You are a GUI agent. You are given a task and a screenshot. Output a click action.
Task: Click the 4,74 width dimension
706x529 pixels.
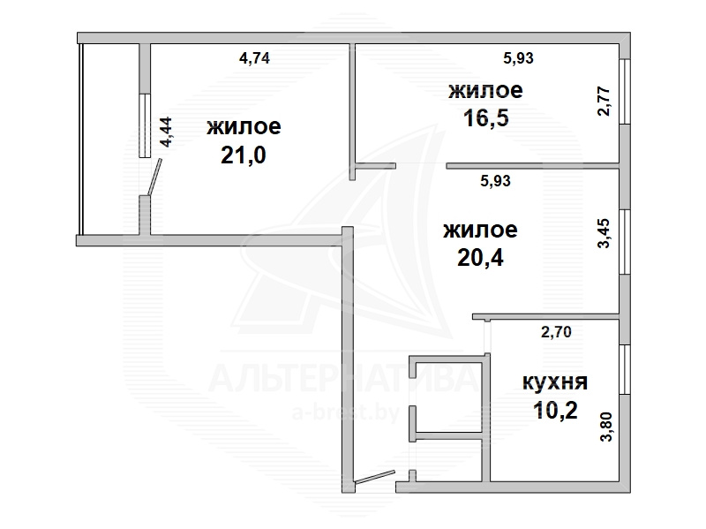point(254,58)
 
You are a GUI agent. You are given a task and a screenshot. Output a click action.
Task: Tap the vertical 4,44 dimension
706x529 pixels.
point(166,132)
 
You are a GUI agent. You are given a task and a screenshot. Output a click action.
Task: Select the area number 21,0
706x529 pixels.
point(244,155)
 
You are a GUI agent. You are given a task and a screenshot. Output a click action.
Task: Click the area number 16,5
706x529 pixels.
point(486,118)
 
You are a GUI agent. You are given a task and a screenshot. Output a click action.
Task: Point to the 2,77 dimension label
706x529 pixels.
point(605,102)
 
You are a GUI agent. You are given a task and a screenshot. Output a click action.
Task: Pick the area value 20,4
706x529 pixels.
point(480,258)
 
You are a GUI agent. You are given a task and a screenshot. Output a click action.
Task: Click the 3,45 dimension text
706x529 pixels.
point(605,233)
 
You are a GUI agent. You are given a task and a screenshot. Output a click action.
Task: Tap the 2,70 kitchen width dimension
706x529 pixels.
point(556,333)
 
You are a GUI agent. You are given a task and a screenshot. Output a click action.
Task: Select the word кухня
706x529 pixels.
point(555,383)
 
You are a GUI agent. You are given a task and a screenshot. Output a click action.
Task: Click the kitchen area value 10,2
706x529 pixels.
point(555,411)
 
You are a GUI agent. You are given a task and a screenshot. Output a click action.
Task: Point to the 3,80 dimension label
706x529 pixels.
point(606,427)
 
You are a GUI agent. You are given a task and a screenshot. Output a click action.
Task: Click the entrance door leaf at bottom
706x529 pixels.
point(374,477)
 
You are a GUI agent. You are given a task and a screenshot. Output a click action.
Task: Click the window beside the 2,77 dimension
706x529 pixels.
point(625,92)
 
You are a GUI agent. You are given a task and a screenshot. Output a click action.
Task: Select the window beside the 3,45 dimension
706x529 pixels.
point(625,242)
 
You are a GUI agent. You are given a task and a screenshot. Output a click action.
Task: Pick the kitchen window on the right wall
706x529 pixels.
point(625,370)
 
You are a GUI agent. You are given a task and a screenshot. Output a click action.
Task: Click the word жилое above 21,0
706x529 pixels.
point(244,126)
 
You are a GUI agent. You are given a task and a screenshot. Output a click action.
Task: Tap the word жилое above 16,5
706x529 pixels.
point(486,91)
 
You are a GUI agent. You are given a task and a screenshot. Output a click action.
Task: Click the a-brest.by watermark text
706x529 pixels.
point(346,412)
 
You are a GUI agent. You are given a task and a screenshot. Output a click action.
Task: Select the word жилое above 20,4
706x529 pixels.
point(480,230)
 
